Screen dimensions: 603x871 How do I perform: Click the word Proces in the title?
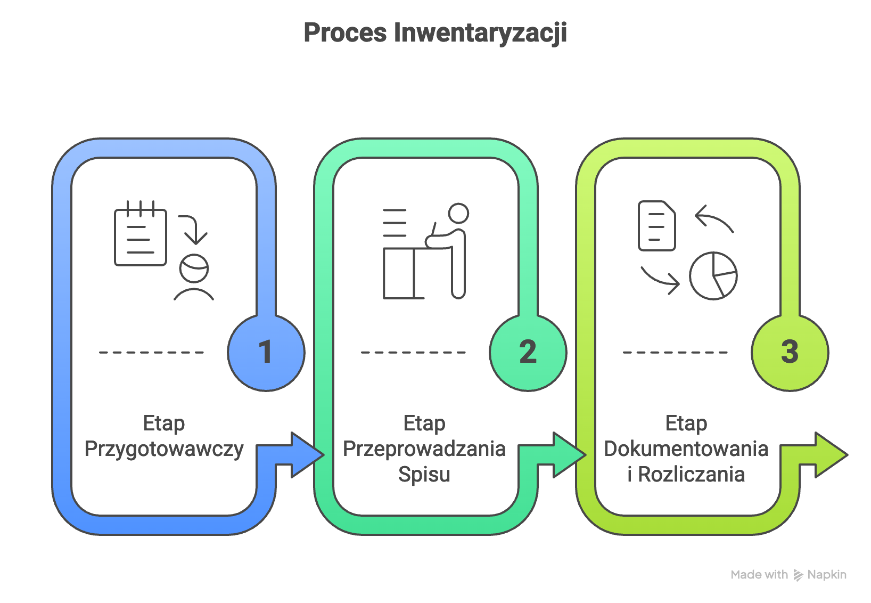click(345, 33)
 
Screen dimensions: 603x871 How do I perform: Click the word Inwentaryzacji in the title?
click(480, 33)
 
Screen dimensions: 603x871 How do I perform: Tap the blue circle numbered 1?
click(266, 352)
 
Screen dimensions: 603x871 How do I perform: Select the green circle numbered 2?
click(528, 352)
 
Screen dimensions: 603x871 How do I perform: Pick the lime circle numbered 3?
click(790, 352)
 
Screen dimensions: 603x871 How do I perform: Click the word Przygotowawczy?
click(164, 449)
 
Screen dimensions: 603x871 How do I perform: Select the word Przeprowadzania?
click(424, 449)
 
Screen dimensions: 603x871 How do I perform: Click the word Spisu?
click(424, 474)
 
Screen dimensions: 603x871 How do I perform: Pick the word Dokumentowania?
click(686, 449)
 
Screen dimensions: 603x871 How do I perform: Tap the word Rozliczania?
click(691, 474)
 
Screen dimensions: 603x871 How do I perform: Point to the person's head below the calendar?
click(194, 268)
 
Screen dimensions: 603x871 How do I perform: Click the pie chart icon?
click(713, 276)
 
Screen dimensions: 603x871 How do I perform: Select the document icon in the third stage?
click(656, 226)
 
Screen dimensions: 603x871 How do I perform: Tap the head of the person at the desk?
click(458, 213)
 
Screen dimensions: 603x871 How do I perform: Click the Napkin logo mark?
click(798, 575)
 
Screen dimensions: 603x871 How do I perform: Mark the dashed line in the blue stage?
click(151, 352)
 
